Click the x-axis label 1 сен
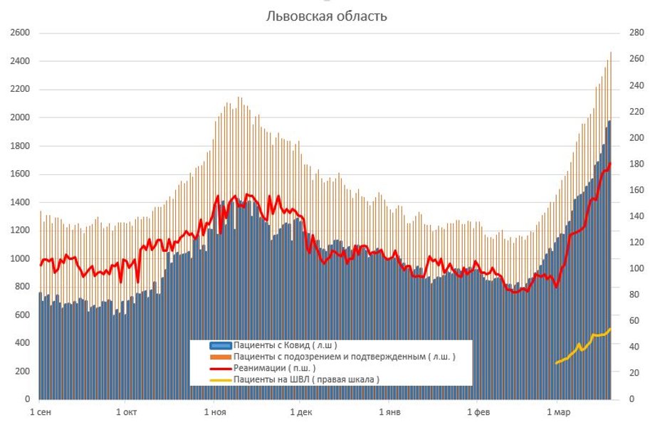pyautogui.click(x=40, y=412)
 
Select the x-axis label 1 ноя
pyautogui.click(x=214, y=412)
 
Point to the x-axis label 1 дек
pyautogui.click(x=300, y=412)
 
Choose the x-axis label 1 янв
pyautogui.click(x=389, y=412)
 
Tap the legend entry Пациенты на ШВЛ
pyautogui.click(x=306, y=379)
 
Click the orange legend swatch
pyautogui.click(x=220, y=357)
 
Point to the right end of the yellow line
pyautogui.click(x=610, y=329)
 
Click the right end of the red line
pyautogui.click(x=610, y=164)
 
